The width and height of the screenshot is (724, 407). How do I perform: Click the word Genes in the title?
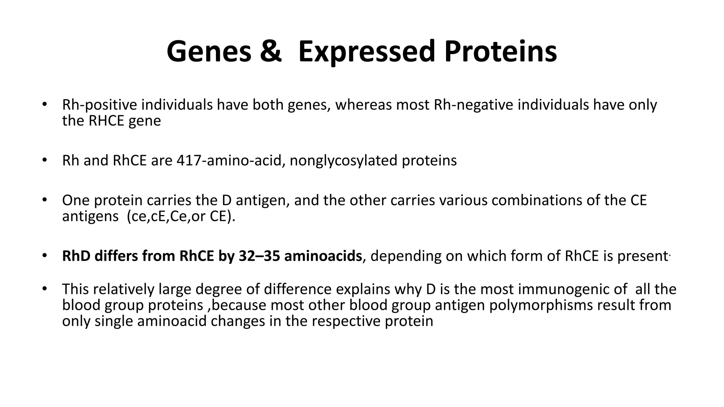[209, 52]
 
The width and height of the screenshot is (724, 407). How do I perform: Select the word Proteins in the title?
[501, 52]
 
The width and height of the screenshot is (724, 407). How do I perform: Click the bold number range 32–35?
[259, 256]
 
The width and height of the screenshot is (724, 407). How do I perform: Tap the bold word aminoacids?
[323, 256]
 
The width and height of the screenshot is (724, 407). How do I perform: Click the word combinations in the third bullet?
[537, 200]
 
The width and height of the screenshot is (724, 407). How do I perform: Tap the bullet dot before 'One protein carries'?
[44, 200]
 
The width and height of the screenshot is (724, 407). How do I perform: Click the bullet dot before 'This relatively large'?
[44, 289]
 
